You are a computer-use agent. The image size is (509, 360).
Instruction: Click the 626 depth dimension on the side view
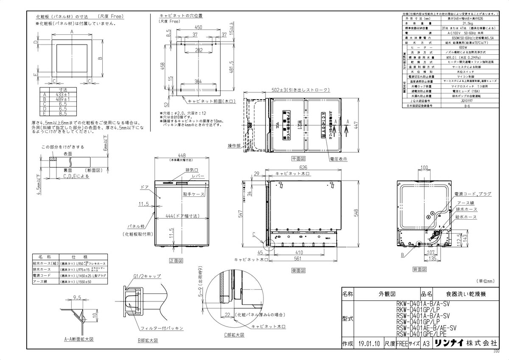pos(303,168)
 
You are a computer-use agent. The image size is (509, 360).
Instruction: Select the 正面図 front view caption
pos(176,261)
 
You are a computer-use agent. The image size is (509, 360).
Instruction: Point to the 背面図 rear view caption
pos(420,269)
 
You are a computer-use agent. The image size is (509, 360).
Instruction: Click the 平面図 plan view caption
pos(299,158)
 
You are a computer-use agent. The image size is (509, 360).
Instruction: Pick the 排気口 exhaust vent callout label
pos(192,170)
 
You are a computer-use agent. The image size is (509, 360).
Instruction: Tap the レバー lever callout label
pos(198,176)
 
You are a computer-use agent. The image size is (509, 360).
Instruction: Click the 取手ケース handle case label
pos(194,194)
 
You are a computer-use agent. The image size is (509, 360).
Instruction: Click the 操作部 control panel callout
pos(234,145)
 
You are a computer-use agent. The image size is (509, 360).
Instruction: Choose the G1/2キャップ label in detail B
pos(147,276)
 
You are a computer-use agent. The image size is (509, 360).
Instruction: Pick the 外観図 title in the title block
pos(387,293)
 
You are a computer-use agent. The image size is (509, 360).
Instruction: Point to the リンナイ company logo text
pos(449,343)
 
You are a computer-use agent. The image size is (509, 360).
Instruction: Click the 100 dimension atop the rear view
pos(424,168)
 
